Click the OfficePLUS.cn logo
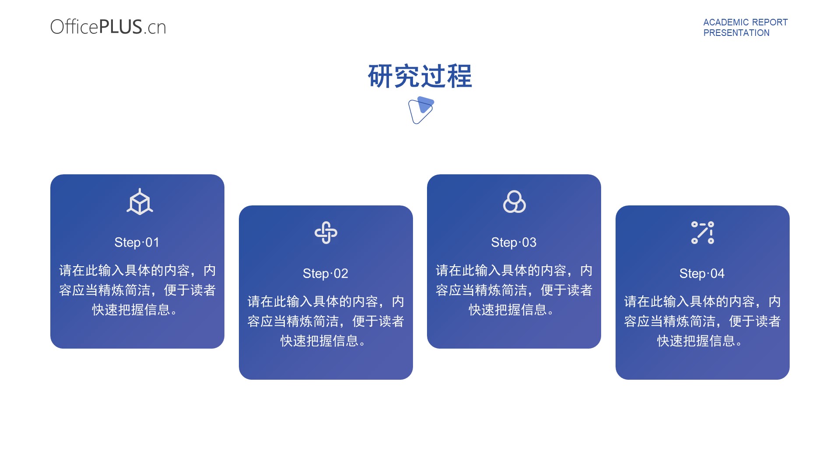pos(108,27)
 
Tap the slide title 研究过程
pos(420,76)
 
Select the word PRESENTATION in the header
pos(736,33)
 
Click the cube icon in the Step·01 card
pos(140,201)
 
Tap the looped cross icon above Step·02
pos(326,233)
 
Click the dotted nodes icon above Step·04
pos(703,233)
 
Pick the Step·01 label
pos(137,242)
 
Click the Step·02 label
pos(325,273)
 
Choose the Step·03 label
pos(514,242)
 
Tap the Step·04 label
pos(702,273)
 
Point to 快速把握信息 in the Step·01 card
pos(131,310)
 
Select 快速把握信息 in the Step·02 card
pos(319,341)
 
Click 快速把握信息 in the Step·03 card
pos(507,310)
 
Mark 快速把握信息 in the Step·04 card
pos(696,341)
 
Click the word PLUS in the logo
pos(121,27)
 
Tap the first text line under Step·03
pos(514,271)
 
